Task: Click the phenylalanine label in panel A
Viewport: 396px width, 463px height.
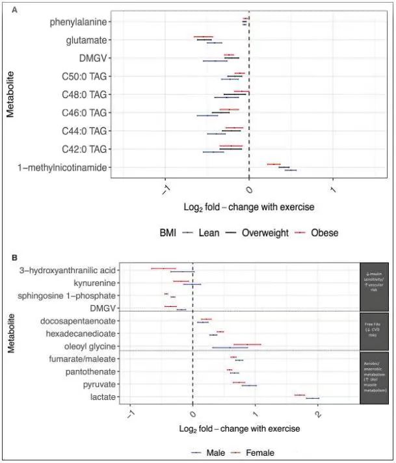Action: [x=78, y=23]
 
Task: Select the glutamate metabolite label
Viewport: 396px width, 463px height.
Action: [x=86, y=40]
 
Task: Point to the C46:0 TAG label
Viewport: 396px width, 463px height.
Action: [x=84, y=112]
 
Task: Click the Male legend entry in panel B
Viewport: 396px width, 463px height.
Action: [x=216, y=452]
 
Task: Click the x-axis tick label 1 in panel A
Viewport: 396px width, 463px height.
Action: [x=332, y=189]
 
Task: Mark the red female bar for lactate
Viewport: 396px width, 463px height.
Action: [x=300, y=394]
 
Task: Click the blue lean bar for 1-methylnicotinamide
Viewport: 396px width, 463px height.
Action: [x=290, y=170]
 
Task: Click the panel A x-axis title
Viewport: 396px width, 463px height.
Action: [x=250, y=207]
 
